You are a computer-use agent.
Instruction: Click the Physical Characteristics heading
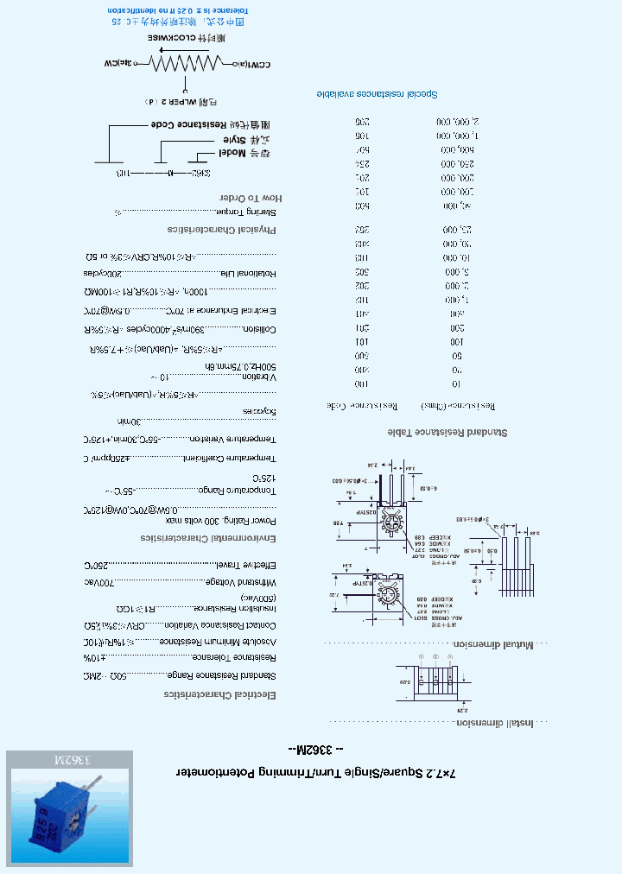coord(223,230)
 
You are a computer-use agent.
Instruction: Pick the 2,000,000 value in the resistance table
coord(457,122)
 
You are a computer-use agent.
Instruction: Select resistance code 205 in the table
coord(364,122)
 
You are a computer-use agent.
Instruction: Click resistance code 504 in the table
coord(364,149)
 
